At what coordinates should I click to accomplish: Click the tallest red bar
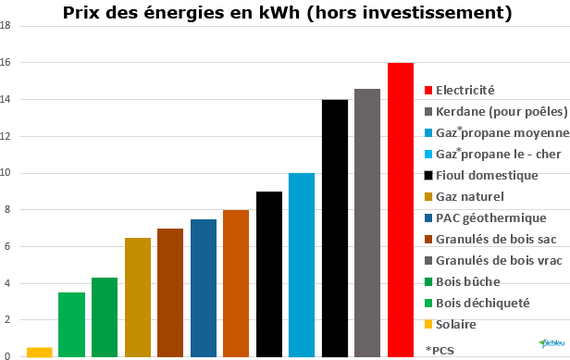click(x=400, y=209)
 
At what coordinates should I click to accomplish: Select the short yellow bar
click(x=40, y=352)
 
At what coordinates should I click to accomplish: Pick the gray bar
click(x=367, y=222)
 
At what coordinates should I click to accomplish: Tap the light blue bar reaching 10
click(x=302, y=265)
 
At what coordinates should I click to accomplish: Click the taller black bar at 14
click(x=335, y=228)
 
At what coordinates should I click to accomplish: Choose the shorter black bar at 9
click(x=269, y=274)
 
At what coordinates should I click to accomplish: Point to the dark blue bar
click(x=204, y=288)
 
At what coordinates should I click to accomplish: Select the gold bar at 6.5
click(x=138, y=297)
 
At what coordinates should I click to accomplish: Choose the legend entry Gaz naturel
click(x=466, y=196)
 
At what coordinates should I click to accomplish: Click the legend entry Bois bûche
click(x=469, y=282)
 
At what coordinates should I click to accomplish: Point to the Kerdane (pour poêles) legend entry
click(x=501, y=111)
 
